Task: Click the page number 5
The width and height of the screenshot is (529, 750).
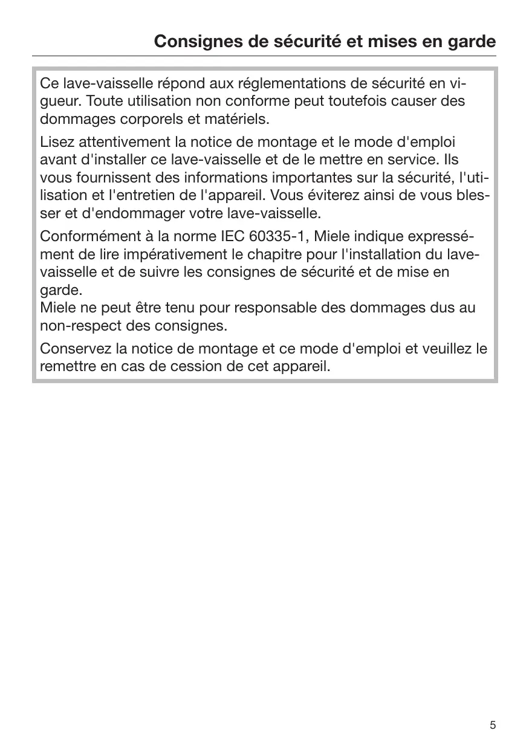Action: point(493,725)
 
